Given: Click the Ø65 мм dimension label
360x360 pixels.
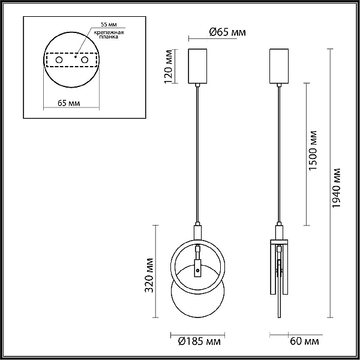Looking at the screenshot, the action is click(227, 32).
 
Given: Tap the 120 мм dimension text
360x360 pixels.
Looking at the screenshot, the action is click(169, 67).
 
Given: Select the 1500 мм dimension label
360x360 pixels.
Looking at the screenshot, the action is click(313, 151).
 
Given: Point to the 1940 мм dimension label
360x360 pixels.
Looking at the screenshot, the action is click(337, 188).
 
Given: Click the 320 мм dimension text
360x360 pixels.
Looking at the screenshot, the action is click(149, 275).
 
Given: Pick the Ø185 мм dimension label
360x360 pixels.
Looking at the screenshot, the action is click(199, 341).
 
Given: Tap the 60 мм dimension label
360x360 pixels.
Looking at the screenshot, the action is click(304, 341).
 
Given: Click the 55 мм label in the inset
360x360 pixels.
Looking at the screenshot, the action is click(109, 25).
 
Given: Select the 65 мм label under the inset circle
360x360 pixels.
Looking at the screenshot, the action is click(68, 103).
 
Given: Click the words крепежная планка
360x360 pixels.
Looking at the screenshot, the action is click(109, 34).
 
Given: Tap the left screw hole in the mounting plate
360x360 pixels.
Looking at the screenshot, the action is click(59, 60).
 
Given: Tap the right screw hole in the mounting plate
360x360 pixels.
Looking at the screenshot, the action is click(85, 60).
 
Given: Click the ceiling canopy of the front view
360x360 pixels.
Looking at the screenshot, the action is click(197, 66).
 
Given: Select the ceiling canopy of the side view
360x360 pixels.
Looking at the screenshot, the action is click(279, 66).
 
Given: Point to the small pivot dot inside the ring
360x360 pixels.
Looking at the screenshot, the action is click(197, 271).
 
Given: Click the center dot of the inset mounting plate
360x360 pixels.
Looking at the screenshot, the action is click(76, 57).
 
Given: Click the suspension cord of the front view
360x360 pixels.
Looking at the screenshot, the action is click(197, 154).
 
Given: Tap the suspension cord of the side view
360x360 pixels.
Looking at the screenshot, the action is click(279, 154).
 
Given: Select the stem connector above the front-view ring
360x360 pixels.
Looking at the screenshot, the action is click(197, 232).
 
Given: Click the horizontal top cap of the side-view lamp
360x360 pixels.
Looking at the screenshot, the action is click(279, 242).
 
